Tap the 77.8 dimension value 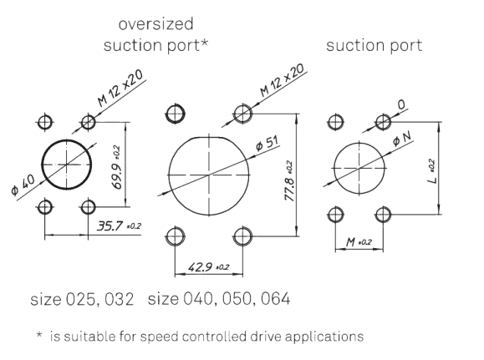coord(288,189)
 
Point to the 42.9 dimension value coord(200,266)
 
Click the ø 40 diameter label coord(23,185)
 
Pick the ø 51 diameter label coord(267,143)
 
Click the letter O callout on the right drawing coord(401,105)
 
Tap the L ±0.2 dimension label coord(432,171)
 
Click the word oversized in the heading coord(155,24)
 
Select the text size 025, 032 coord(82,299)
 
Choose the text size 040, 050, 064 coord(219,299)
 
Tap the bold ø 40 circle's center coord(67,165)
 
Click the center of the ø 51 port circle coord(209,175)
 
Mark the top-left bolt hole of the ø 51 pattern coord(176,114)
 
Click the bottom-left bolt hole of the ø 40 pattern coord(45,206)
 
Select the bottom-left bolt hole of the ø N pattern coord(335,215)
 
